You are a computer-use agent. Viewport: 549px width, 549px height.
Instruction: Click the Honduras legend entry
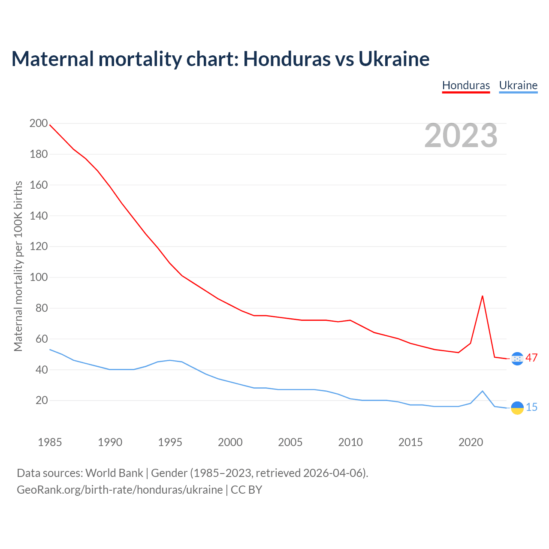pyautogui.click(x=466, y=85)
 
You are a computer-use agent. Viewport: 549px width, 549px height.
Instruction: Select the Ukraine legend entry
pyautogui.click(x=518, y=85)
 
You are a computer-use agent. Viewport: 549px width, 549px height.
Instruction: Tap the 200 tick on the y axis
pyautogui.click(x=39, y=124)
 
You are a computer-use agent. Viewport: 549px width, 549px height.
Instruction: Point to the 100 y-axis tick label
pyautogui.click(x=39, y=278)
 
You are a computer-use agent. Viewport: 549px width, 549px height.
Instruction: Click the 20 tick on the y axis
pyautogui.click(x=42, y=401)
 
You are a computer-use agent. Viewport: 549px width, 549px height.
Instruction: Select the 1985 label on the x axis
pyautogui.click(x=50, y=442)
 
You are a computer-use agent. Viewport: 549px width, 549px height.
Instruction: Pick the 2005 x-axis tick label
pyautogui.click(x=290, y=442)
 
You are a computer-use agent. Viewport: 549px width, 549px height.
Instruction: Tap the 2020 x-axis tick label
pyautogui.click(x=471, y=442)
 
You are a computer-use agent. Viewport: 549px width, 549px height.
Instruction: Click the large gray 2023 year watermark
pyautogui.click(x=461, y=136)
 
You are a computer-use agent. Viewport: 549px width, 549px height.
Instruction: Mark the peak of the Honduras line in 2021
pyautogui.click(x=483, y=296)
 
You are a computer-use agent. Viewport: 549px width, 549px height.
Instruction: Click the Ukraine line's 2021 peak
pyautogui.click(x=483, y=391)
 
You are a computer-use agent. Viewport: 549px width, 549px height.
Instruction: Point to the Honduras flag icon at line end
pyautogui.click(x=517, y=359)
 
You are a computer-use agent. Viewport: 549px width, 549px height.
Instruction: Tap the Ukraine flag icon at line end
pyautogui.click(x=517, y=408)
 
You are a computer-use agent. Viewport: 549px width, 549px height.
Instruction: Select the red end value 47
pyautogui.click(x=531, y=358)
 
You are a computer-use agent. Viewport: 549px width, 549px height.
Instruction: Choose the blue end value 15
pyautogui.click(x=531, y=407)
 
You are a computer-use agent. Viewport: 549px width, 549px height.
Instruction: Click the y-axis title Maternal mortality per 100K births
pyautogui.click(x=18, y=266)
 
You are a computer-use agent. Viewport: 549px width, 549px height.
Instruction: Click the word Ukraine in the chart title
pyautogui.click(x=394, y=59)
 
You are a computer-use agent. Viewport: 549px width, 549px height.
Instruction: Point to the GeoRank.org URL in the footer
pyautogui.click(x=120, y=490)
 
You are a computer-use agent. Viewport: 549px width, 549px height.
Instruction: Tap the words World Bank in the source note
pyautogui.click(x=114, y=473)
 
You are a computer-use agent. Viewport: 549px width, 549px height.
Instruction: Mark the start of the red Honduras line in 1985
pyautogui.click(x=50, y=125)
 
